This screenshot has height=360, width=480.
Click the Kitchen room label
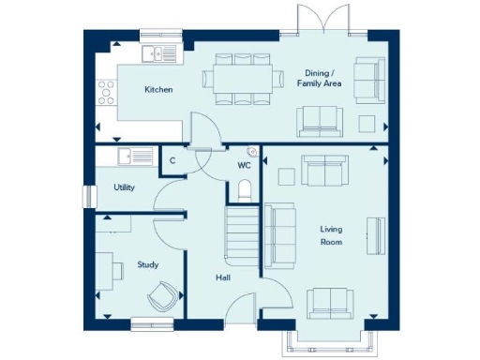pyautogui.click(x=157, y=90)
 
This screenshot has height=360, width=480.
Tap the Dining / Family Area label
pyautogui.click(x=322, y=79)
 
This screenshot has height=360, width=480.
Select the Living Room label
pyautogui.click(x=331, y=235)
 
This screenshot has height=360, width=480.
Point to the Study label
pyautogui.click(x=147, y=264)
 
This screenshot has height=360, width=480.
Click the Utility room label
pyautogui.click(x=124, y=187)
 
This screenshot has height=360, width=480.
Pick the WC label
pyautogui.click(x=244, y=166)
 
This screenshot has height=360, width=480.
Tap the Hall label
pyautogui.click(x=222, y=277)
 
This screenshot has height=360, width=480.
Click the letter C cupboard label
pyautogui.click(x=173, y=161)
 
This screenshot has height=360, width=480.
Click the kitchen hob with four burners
pyautogui.click(x=107, y=92)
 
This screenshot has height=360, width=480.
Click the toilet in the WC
pyautogui.click(x=245, y=192)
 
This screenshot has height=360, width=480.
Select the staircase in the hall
pyautogui.click(x=241, y=232)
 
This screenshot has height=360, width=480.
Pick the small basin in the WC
pyautogui.click(x=251, y=152)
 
